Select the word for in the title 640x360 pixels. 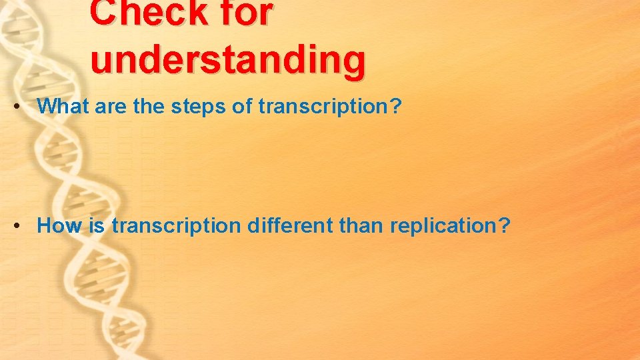tap(240, 13)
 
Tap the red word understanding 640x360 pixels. tap(228, 59)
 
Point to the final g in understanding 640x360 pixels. tap(353, 62)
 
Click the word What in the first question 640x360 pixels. tap(63, 106)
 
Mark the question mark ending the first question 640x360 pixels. tap(396, 106)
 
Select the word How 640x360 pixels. tap(58, 225)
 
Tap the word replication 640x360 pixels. tap(443, 226)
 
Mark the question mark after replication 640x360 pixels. tap(504, 225)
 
